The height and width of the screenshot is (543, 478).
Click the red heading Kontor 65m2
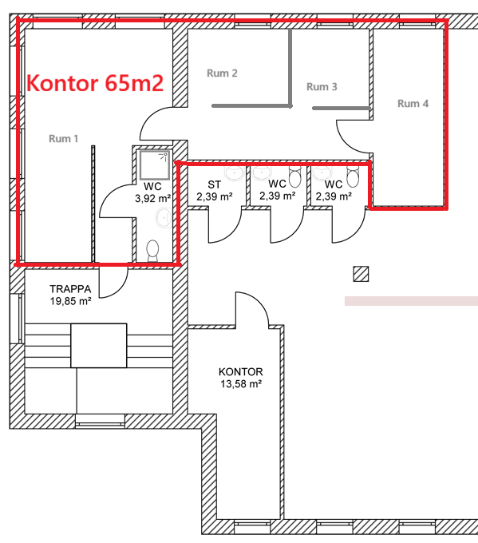pyautogui.click(x=95, y=84)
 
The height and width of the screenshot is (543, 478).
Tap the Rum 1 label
pyautogui.click(x=63, y=139)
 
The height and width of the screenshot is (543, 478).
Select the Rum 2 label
pyautogui.click(x=222, y=73)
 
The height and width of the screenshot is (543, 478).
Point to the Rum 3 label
pyautogui.click(x=322, y=87)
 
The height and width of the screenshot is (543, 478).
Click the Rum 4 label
pyautogui.click(x=413, y=104)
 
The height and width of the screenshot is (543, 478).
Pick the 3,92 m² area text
pyautogui.click(x=152, y=199)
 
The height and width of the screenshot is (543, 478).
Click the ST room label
pyautogui.click(x=214, y=184)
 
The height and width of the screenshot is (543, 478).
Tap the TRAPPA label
pyautogui.click(x=70, y=289)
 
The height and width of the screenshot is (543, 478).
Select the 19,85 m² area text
pyautogui.click(x=70, y=301)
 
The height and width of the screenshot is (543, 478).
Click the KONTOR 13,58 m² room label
pyautogui.click(x=241, y=378)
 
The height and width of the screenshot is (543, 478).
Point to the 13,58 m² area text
pyautogui.click(x=241, y=384)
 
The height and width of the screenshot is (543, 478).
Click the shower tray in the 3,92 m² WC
pyautogui.click(x=155, y=165)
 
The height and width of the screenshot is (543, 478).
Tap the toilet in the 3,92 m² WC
pyautogui.click(x=152, y=251)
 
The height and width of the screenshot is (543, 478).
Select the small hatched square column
pyautogui.click(x=361, y=274)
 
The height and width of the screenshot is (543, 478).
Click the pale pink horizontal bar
pyautogui.click(x=411, y=301)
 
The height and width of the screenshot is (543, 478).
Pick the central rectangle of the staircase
pyautogui.click(x=99, y=346)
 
